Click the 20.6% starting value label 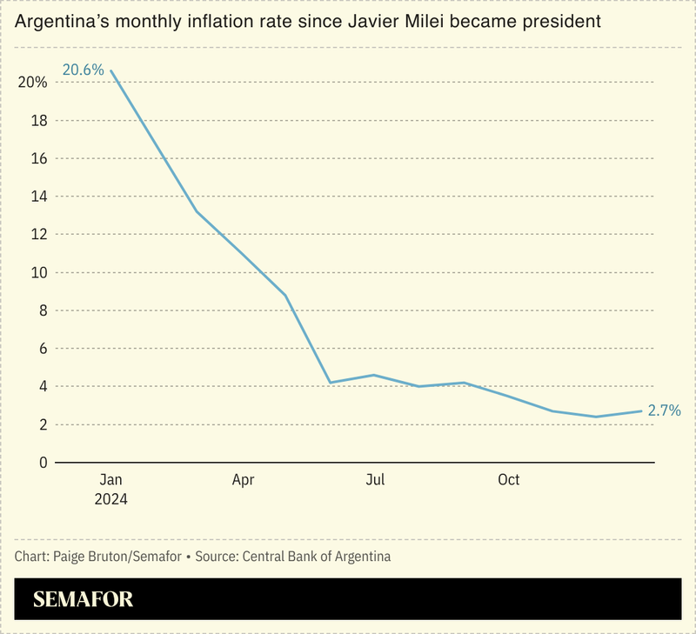pos(83,70)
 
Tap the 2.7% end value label pos(664,410)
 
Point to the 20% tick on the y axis pos(31,83)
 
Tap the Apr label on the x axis pos(244,480)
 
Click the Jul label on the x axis pos(376,480)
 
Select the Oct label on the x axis pos(508,480)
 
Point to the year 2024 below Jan pos(110,500)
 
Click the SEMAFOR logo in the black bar pos(84,600)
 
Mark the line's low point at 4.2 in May pos(330,383)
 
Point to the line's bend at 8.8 pos(286,296)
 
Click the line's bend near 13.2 pos(197,211)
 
